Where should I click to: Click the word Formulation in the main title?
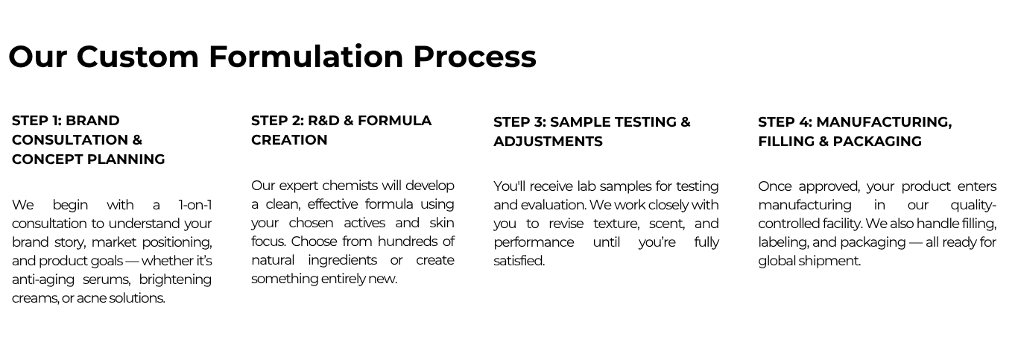[x=306, y=57]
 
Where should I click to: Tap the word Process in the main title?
[x=475, y=57]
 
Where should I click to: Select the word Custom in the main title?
[x=138, y=57]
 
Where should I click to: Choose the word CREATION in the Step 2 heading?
[x=289, y=140]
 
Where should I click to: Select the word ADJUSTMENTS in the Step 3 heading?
[x=548, y=142]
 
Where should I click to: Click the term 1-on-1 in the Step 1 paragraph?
[x=195, y=205]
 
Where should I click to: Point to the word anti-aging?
[x=42, y=280]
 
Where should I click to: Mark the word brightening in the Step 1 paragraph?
[x=175, y=280]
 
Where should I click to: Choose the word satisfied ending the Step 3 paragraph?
[x=519, y=261]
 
